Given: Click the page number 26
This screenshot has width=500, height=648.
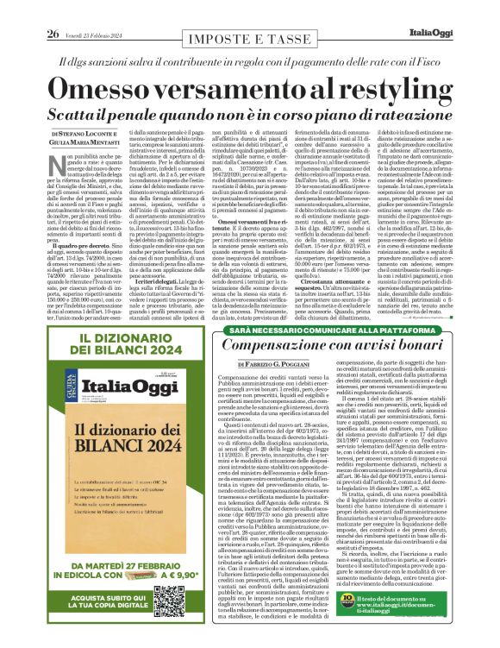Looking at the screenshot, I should click(x=52, y=9).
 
